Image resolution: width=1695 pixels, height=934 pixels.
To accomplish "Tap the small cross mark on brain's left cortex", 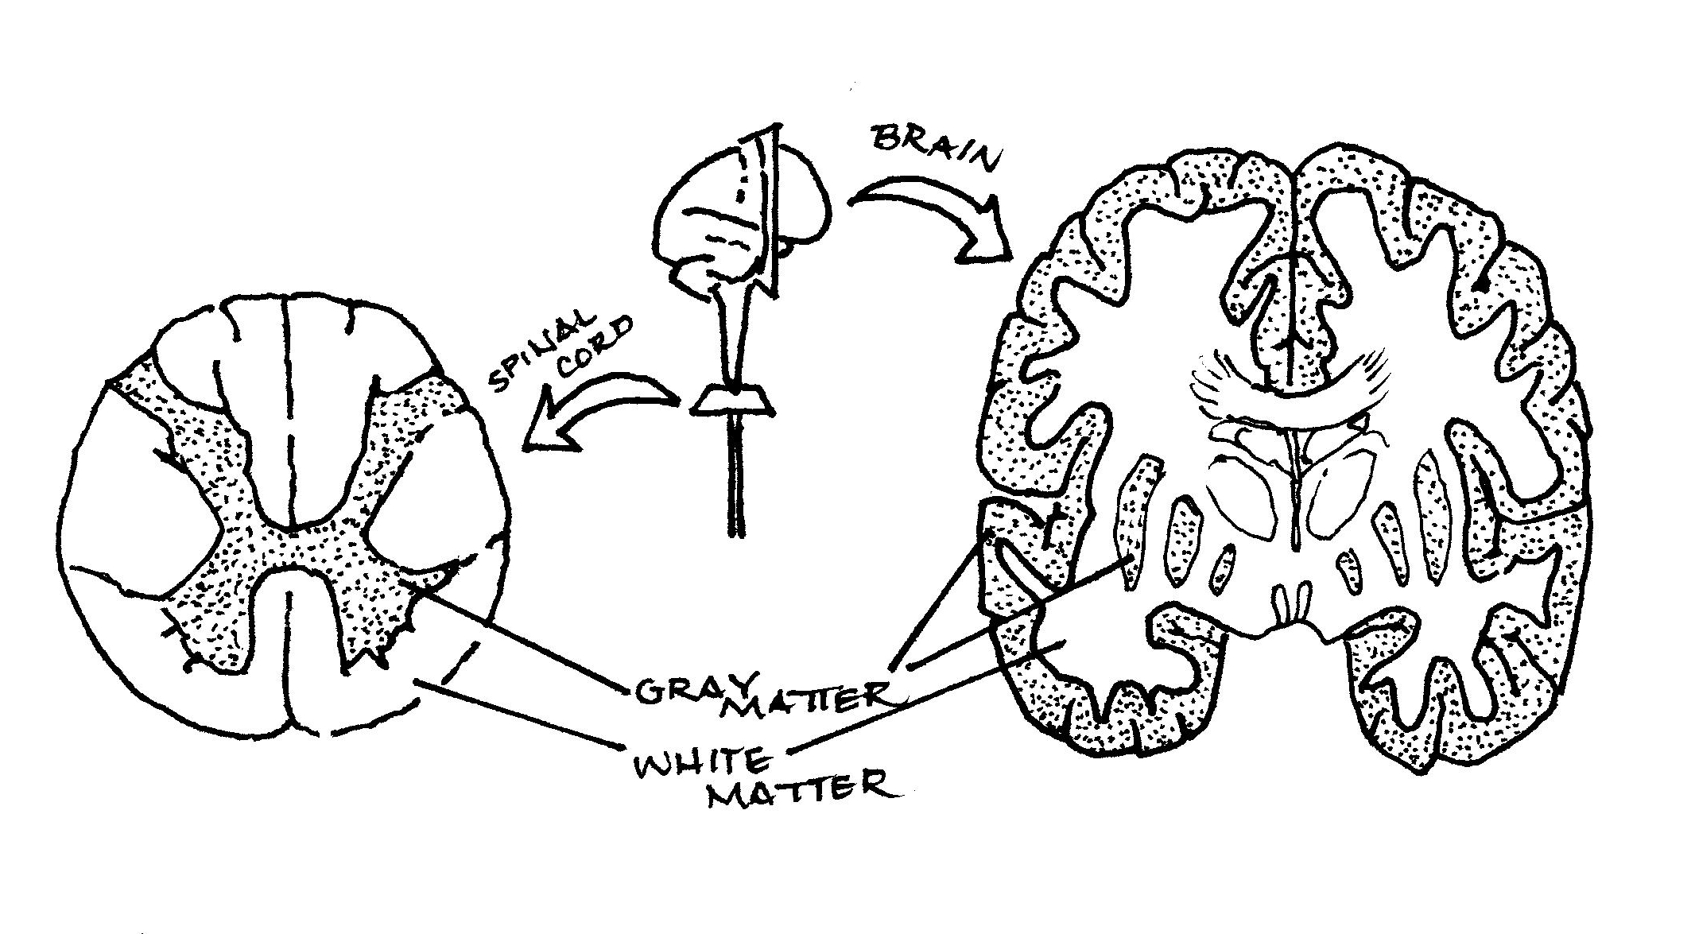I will click(1056, 525).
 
